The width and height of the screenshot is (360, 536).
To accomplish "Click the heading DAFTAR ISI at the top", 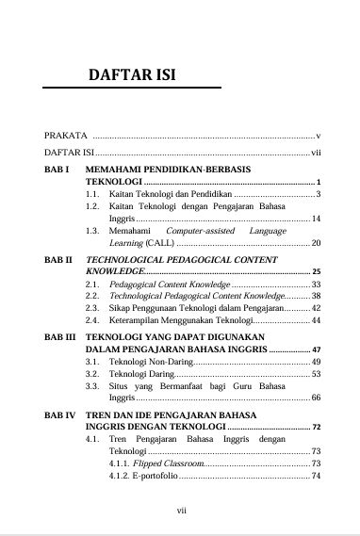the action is click(132, 74).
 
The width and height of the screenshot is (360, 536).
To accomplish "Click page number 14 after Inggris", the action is click(317, 219).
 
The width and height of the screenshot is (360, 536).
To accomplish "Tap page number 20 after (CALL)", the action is click(317, 243).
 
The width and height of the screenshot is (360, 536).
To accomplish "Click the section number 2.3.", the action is click(92, 308).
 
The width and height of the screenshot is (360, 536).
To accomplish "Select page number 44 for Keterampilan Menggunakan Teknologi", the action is click(317, 321).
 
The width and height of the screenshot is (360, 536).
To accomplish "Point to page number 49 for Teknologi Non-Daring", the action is click(317, 362).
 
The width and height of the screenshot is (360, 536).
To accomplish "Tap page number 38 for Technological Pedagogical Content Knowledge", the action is click(317, 296).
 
